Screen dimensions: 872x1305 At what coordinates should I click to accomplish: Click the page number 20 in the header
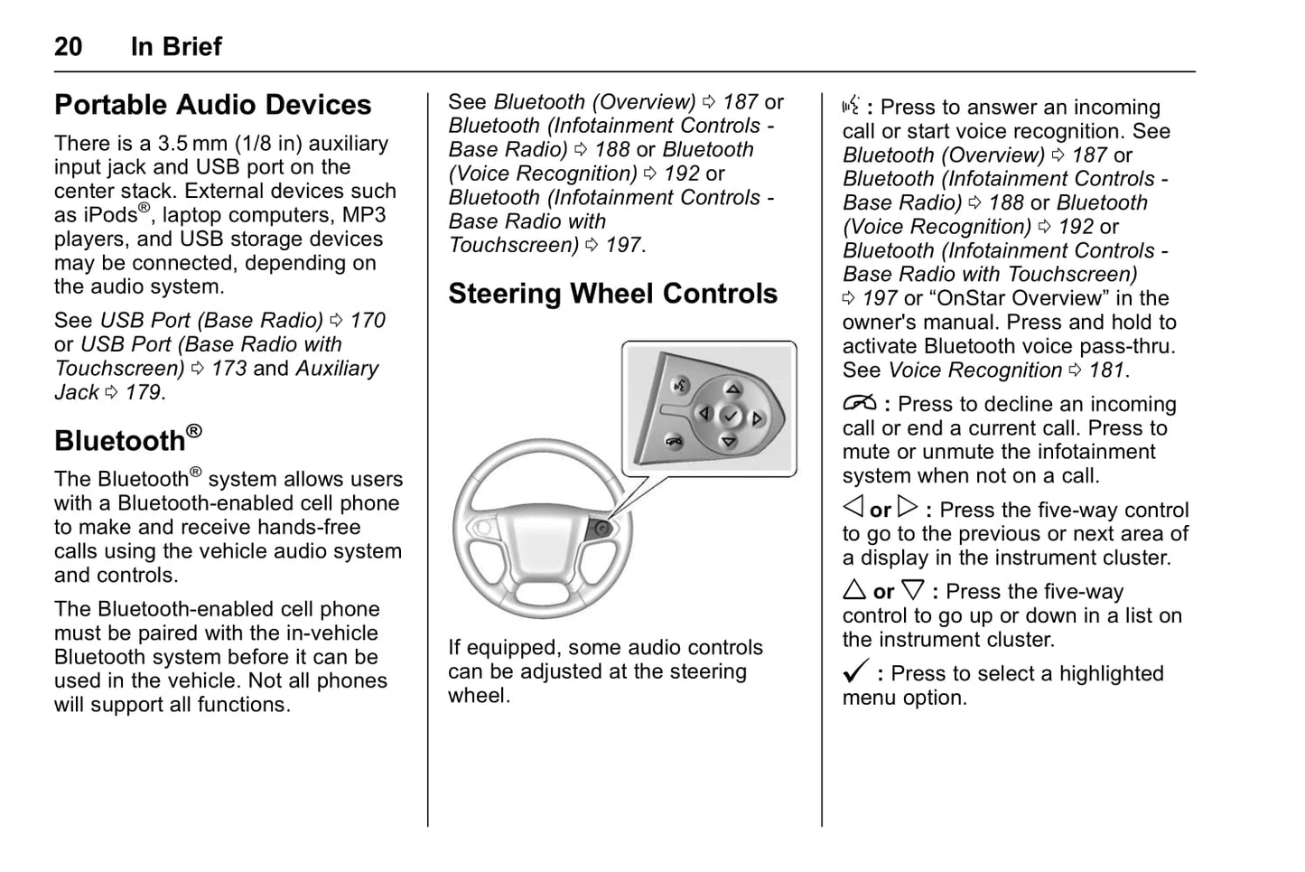coord(69,46)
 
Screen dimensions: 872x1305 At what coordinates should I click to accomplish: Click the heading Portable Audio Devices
coord(212,105)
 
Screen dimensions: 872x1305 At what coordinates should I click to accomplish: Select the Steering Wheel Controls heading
coord(612,294)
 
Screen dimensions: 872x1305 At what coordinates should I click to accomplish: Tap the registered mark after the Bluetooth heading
coord(194,432)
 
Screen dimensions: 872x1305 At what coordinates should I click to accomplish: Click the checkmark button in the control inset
coord(731,416)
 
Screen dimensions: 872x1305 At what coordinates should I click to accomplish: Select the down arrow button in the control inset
coord(728,441)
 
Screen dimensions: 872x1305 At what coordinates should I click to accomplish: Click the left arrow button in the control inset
coord(705,414)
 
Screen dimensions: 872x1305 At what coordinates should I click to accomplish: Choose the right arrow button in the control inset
coord(757,418)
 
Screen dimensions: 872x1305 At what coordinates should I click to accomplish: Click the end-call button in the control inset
coord(673,440)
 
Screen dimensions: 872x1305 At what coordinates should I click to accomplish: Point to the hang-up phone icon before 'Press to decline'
coord(859,403)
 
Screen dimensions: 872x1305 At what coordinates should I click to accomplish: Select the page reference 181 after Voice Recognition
coord(1106,370)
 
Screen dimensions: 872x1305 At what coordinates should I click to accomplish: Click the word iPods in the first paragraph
coord(108,216)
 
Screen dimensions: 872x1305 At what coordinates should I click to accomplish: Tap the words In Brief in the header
coord(176,46)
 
